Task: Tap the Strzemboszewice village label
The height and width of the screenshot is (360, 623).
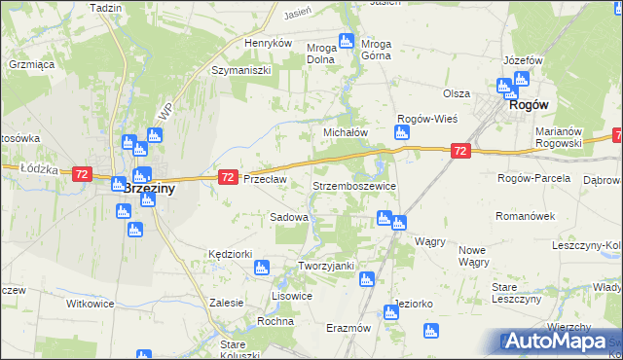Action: click(352, 185)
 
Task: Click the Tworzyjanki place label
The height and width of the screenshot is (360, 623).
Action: click(325, 266)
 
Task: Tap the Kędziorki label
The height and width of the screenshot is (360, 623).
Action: click(231, 253)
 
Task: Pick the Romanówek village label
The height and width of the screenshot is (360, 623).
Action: click(524, 216)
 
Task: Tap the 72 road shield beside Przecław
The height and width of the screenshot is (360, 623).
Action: click(227, 176)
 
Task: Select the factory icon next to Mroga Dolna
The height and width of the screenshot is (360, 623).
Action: click(345, 41)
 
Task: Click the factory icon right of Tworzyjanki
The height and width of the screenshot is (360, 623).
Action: click(366, 280)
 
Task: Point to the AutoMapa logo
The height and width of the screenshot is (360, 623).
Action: click(559, 342)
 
